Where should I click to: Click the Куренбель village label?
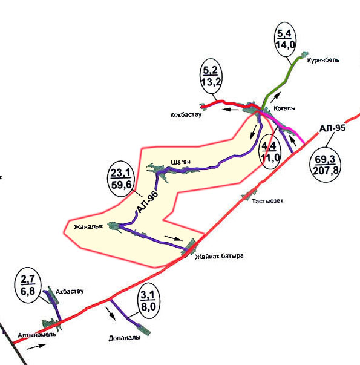pos(323,61)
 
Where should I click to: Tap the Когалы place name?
pos(284,108)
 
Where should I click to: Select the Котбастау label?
pos(186,115)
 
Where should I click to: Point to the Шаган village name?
pos(180,162)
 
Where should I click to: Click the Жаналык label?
pos(88,227)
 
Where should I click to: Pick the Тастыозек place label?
pos(267,201)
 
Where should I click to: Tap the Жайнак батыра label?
pos(219,257)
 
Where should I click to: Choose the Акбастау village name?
pos(70,291)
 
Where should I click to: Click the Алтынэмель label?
pos(37,335)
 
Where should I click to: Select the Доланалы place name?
pos(125,338)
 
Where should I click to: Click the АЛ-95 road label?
pos(333,128)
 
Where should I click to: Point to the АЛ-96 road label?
pos(148,202)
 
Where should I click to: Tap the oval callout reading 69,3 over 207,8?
pos(326,165)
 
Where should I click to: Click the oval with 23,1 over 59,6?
pos(121,179)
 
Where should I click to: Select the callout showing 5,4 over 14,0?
pos(285,39)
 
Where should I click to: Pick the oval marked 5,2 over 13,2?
pos(211,76)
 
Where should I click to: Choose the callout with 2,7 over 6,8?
pos(28,285)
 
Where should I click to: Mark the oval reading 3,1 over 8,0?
pos(148,301)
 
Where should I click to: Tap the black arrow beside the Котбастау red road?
pos(230,109)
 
